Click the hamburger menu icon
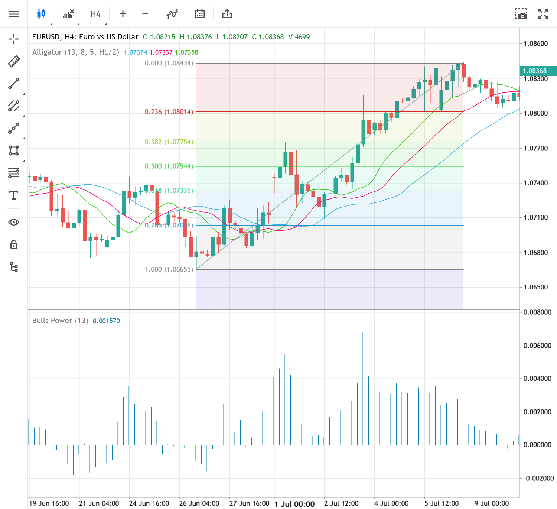pos(14,14)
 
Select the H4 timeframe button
pos(95,14)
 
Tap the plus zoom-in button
pos(123,14)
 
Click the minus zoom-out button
pos(145,14)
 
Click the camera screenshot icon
pos(521,14)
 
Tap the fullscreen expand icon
pos(543,14)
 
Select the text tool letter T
pos(14,195)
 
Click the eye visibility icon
pos(14,222)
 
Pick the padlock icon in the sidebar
pos(14,244)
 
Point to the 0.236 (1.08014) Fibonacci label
pos(169,112)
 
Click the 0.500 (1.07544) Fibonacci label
pos(169,166)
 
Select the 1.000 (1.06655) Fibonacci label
pos(169,269)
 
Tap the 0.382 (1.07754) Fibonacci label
pos(169,142)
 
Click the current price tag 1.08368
pos(535,71)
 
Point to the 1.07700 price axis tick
pos(535,149)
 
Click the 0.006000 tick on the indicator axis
pos(537,346)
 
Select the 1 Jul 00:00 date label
pos(294,504)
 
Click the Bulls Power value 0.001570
pos(106,321)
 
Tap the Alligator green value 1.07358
pos(186,52)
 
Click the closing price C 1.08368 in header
pos(268,37)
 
